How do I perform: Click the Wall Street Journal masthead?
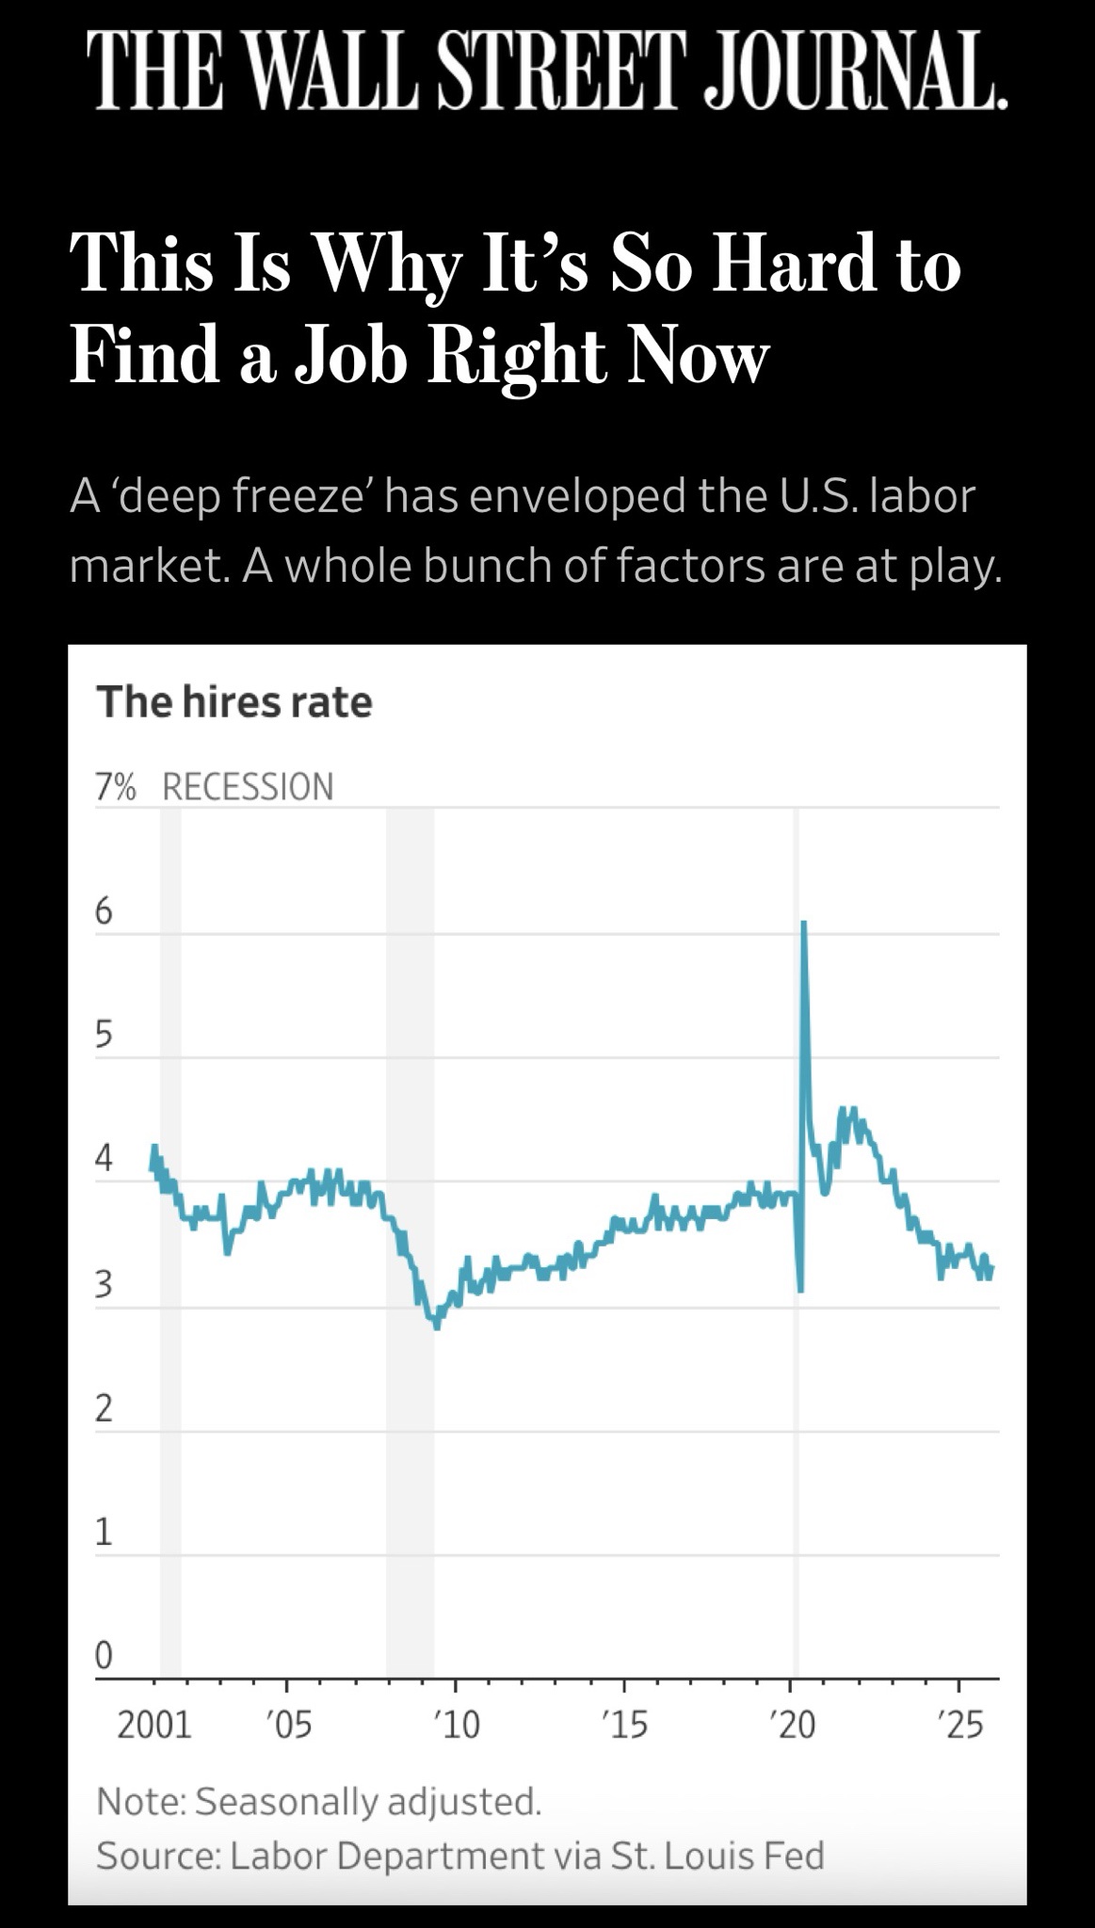coord(547,72)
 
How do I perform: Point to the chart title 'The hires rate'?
coord(234,702)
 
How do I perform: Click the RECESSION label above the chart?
coord(248,786)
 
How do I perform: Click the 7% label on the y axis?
coord(116,786)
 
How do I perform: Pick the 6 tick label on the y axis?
coord(104,911)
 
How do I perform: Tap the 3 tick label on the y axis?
coord(104,1284)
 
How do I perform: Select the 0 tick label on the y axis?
coord(104,1654)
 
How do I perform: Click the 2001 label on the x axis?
coord(153,1726)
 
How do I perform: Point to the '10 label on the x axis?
coord(456,1726)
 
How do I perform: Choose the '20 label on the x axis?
coord(791,1726)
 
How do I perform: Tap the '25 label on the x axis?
coord(960,1726)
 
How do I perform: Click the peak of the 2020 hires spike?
coord(803,924)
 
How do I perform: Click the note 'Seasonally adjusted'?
coord(367,1801)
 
